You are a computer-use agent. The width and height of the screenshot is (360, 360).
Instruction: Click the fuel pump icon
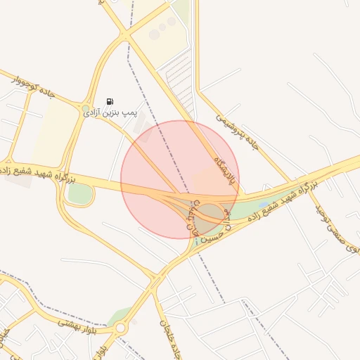[x=110, y=102]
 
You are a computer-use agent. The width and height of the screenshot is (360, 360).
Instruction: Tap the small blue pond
[x=264, y=205]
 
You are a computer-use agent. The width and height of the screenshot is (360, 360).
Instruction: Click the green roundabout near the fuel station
[x=86, y=107]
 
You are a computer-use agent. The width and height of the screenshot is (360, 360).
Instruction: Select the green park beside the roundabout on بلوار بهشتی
[x=121, y=314]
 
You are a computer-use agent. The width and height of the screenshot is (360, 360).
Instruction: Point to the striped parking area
[x=179, y=77]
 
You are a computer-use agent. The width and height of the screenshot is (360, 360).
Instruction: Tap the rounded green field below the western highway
[x=80, y=195]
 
